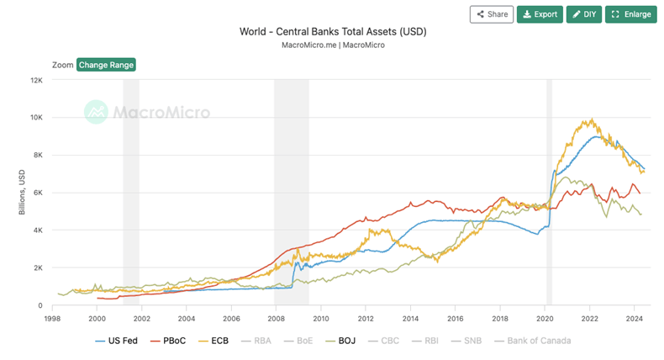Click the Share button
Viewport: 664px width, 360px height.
[x=492, y=14]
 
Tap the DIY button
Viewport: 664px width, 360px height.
[x=584, y=14]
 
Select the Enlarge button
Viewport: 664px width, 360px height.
[x=630, y=14]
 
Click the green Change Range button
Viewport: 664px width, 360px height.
[x=106, y=65]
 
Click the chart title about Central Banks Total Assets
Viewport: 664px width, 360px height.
[x=334, y=32]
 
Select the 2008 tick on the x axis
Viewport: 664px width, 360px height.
[x=277, y=319]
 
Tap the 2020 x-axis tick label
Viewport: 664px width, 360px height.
[x=545, y=319]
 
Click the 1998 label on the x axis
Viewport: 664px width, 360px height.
[x=52, y=319]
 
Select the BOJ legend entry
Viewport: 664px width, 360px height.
[x=346, y=341]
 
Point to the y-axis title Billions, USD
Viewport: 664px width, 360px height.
[x=23, y=192]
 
